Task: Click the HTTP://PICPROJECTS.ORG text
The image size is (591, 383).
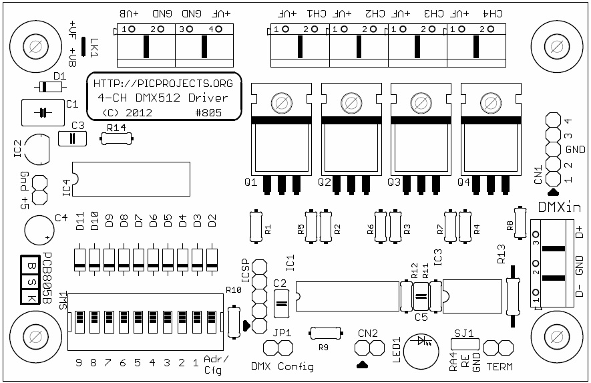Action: click(x=163, y=84)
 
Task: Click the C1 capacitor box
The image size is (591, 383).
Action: click(x=41, y=112)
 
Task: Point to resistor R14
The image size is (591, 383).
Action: click(x=117, y=138)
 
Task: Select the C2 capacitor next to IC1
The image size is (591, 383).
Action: click(x=280, y=302)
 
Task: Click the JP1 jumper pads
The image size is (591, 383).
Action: click(x=278, y=348)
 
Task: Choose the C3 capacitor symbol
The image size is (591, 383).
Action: click(x=73, y=138)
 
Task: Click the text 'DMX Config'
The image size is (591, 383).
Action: click(x=282, y=366)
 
